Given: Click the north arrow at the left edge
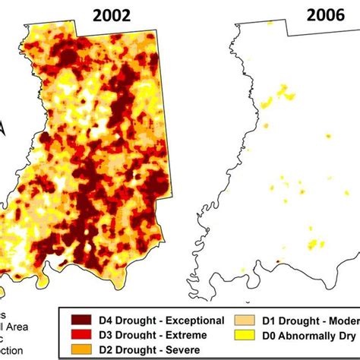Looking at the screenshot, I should point(3,129).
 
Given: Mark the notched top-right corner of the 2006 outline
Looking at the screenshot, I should point(289,35).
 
